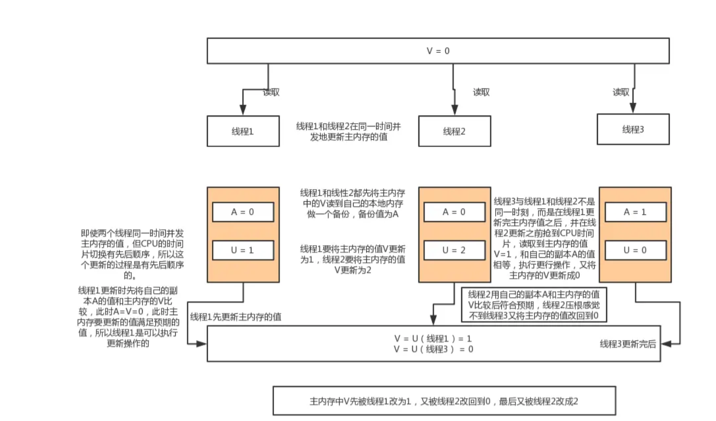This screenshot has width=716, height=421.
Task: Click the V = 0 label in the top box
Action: tap(438, 51)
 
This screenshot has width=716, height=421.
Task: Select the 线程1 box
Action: tap(243, 131)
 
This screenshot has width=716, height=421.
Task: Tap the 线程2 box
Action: tap(454, 131)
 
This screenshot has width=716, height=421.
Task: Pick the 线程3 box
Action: tap(633, 129)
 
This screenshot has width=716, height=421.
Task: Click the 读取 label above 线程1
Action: tap(271, 92)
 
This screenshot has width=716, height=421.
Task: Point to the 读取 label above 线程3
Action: tap(621, 92)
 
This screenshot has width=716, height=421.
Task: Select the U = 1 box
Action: tap(243, 250)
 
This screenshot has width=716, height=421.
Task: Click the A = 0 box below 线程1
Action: tap(243, 212)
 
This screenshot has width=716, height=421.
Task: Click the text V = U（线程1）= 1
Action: tap(433, 338)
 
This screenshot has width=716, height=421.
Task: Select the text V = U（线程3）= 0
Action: tap(433, 348)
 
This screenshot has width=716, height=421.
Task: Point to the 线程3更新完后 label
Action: tap(628, 344)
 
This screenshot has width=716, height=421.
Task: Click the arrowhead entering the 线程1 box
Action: tap(243, 111)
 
